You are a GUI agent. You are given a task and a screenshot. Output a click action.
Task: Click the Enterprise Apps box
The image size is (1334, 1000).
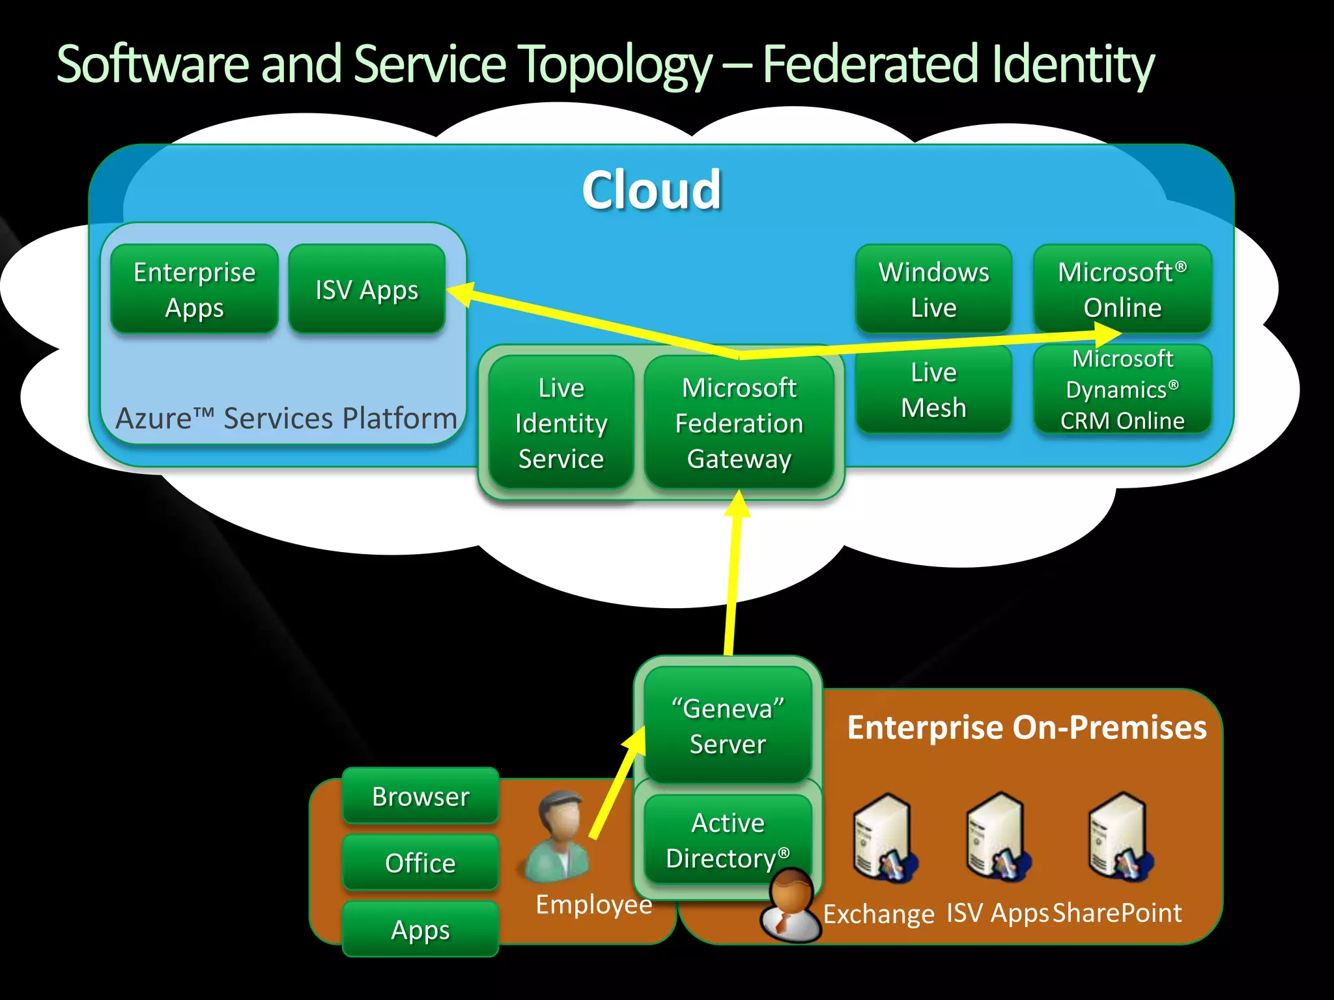tap(194, 289)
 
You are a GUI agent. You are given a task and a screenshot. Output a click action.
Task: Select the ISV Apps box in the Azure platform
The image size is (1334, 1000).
tap(367, 289)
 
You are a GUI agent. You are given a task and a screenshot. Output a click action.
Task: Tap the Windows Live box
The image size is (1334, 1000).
tap(933, 289)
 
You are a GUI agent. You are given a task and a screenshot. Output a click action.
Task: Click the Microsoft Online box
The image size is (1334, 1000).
tap(1122, 289)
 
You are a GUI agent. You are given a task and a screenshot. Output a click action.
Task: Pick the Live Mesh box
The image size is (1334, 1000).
tap(933, 389)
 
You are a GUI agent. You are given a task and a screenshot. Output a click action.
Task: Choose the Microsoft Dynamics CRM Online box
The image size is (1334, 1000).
tap(1122, 389)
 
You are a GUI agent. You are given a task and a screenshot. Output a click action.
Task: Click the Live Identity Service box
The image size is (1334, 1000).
tap(561, 423)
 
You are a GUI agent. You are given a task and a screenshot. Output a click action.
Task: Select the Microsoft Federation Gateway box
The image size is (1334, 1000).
tap(739, 423)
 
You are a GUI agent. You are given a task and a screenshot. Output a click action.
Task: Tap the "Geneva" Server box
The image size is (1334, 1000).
tap(728, 725)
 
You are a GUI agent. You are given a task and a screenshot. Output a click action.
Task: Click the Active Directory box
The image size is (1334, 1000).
tap(728, 840)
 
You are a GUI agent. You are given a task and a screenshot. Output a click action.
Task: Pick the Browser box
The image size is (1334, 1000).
tap(420, 796)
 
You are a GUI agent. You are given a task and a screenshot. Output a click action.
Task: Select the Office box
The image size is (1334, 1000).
tap(420, 863)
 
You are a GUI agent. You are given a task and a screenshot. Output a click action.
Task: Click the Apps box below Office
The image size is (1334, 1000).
tap(420, 929)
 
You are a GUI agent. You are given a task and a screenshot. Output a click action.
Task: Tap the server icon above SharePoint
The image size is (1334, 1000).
tap(1118, 837)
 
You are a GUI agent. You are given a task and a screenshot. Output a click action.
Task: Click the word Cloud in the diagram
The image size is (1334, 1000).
tap(651, 189)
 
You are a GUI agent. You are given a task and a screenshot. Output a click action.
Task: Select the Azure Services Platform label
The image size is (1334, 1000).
tap(286, 418)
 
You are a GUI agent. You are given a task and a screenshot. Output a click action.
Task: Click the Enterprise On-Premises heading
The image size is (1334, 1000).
tap(1027, 727)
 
